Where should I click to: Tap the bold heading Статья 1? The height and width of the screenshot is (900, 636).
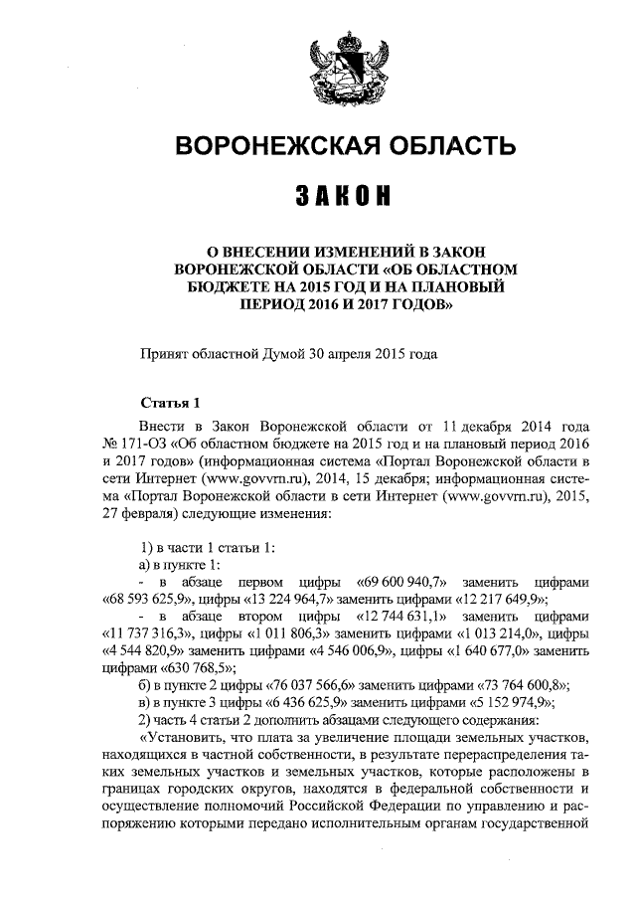click(171, 403)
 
